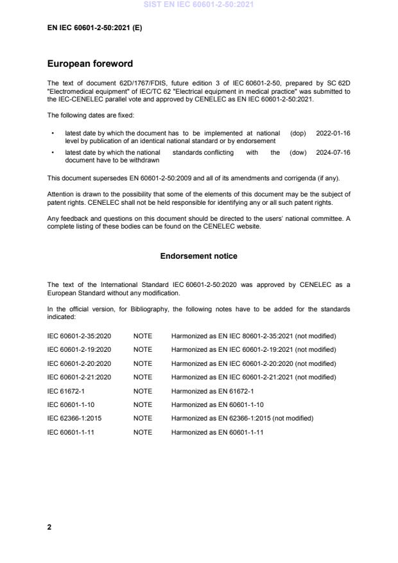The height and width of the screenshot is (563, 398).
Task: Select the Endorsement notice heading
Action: pos(198,256)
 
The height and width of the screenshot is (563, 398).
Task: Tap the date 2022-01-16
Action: pos(333,133)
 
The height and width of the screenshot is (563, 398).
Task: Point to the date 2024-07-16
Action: pos(333,153)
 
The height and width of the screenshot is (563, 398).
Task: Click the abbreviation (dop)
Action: pos(298,133)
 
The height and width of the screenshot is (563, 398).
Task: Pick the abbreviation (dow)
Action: pos(298,153)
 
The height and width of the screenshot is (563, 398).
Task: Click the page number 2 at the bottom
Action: pos(49,526)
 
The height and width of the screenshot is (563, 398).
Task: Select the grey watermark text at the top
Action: pos(198,4)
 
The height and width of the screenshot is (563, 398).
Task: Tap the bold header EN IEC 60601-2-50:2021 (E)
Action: pos(94,28)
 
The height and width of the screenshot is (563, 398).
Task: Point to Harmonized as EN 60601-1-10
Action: pos(217,405)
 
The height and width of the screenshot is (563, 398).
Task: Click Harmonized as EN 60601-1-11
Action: pos(217,433)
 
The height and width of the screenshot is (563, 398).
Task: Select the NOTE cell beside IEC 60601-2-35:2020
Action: pos(143,336)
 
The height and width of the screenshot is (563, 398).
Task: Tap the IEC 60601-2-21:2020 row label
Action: pos(79,377)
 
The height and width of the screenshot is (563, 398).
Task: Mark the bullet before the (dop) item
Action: pos(51,133)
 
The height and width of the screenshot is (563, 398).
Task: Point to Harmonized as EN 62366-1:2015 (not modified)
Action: pos(242,419)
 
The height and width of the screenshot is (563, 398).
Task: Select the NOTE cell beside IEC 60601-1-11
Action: pos(143,433)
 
